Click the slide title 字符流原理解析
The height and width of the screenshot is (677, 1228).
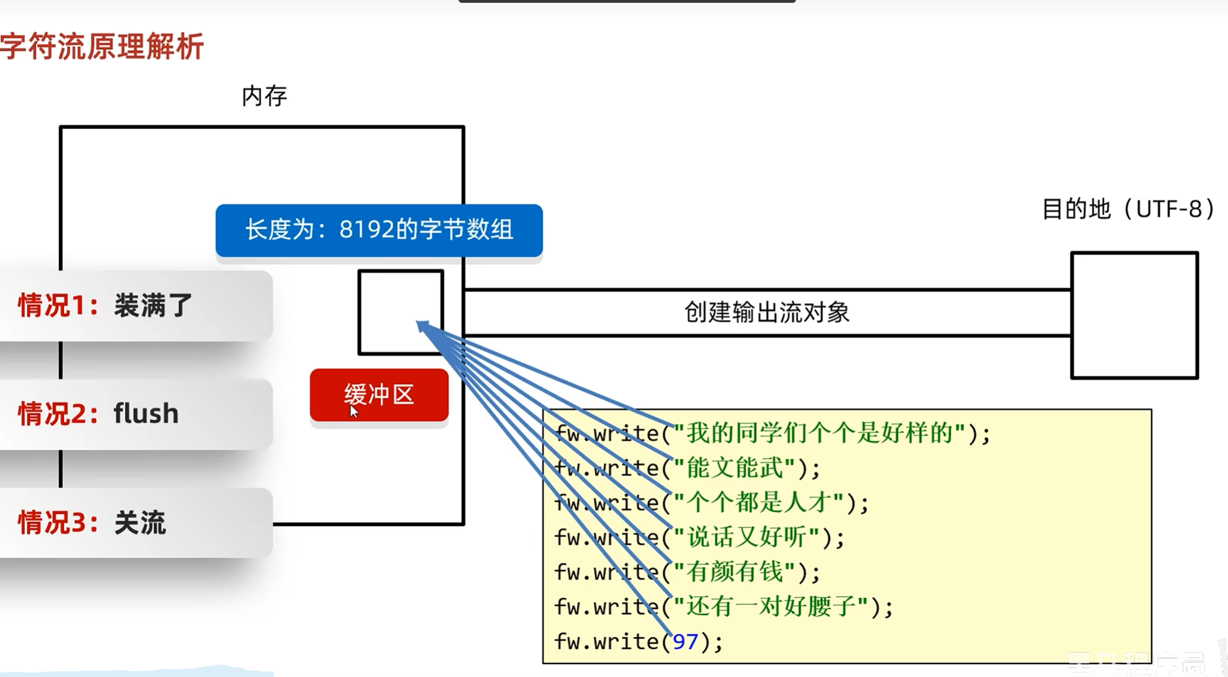pyautogui.click(x=102, y=46)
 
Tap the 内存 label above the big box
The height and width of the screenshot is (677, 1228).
pyautogui.click(x=264, y=96)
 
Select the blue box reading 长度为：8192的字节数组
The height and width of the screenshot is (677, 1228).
pyautogui.click(x=379, y=230)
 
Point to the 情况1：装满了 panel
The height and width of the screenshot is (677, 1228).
pyautogui.click(x=136, y=305)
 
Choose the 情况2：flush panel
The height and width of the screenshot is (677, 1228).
pyautogui.click(x=136, y=414)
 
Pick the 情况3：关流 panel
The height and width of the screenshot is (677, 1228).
pyautogui.click(x=136, y=522)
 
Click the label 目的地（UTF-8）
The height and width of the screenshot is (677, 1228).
pyautogui.click(x=1128, y=209)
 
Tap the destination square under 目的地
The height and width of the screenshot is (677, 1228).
pyautogui.click(x=1134, y=315)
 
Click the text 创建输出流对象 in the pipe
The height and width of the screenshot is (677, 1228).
pyautogui.click(x=767, y=313)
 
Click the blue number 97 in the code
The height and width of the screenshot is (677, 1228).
pyautogui.click(x=685, y=642)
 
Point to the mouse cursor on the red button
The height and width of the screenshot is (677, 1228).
pyautogui.click(x=353, y=411)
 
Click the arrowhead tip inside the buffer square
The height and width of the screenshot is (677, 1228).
pyautogui.click(x=420, y=324)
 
